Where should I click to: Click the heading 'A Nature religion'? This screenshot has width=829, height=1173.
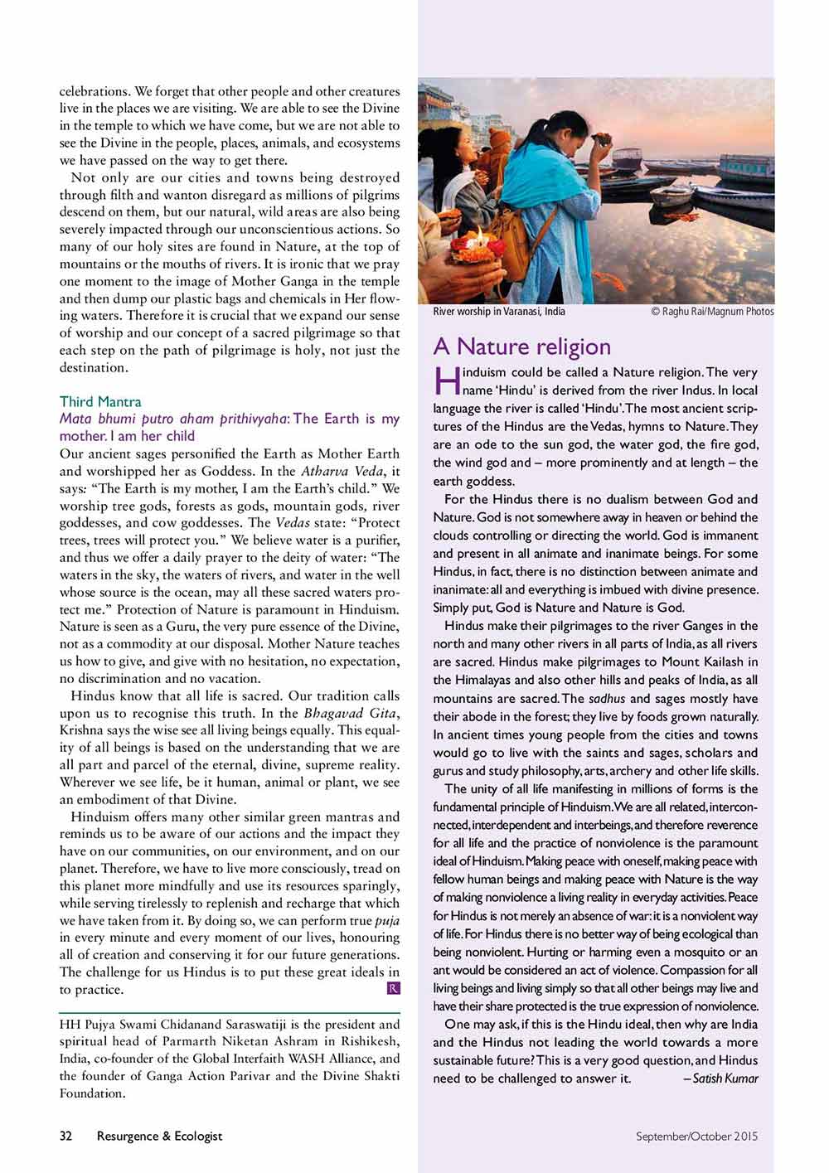[x=521, y=347]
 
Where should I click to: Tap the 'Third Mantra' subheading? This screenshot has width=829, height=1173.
[x=100, y=402]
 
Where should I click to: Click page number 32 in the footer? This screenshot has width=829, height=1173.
[x=66, y=1136]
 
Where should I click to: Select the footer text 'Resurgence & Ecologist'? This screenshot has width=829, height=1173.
[x=159, y=1136]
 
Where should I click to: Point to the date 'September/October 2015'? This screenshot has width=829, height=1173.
[x=696, y=1137]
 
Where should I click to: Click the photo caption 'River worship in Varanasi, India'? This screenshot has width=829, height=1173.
[x=499, y=312]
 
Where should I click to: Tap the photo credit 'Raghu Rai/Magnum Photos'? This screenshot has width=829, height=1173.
[x=717, y=312]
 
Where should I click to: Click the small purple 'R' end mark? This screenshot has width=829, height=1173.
[x=393, y=988]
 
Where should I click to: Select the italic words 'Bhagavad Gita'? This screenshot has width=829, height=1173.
[x=351, y=713]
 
